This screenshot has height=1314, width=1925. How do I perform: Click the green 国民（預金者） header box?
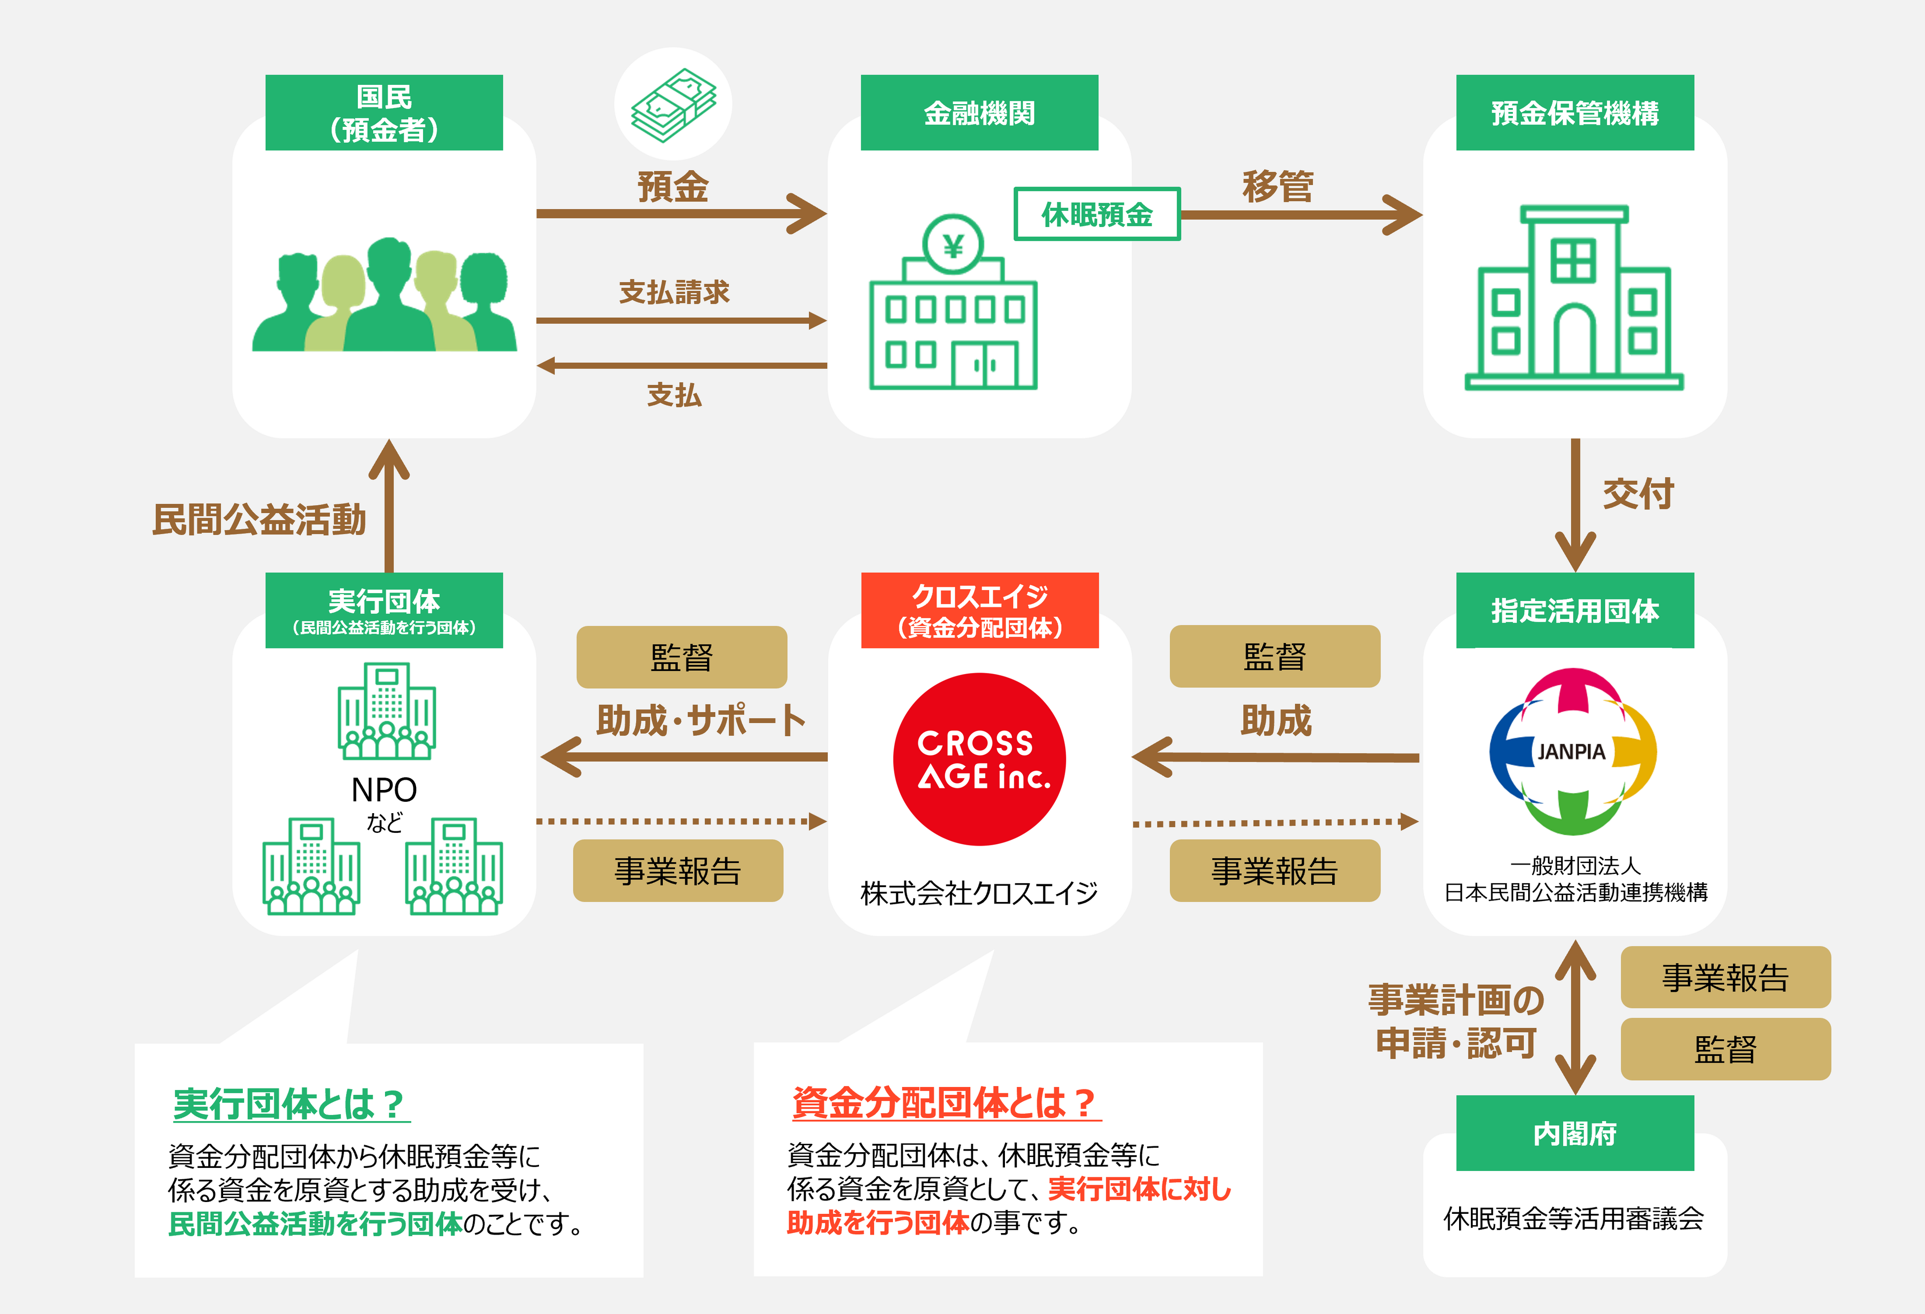[384, 113]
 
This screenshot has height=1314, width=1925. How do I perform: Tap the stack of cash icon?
[673, 104]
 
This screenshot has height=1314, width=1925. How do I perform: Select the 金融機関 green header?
[979, 113]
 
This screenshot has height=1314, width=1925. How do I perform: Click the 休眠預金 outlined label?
[1097, 215]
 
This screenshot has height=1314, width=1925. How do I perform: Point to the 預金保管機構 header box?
[1575, 113]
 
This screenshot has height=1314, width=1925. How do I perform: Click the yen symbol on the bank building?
[954, 246]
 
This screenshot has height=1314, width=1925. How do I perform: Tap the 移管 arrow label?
[1277, 187]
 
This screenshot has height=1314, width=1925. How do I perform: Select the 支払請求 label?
[674, 292]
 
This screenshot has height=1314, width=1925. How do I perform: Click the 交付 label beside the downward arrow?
[1638, 494]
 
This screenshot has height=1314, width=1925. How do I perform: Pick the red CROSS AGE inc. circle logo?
[979, 759]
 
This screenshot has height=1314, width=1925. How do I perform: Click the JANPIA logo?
[1572, 751]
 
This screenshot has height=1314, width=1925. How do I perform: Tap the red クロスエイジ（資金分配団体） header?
[979, 610]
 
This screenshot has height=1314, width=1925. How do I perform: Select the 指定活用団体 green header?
[1575, 610]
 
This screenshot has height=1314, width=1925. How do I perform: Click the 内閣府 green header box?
[1575, 1133]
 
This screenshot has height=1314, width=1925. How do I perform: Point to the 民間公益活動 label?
[259, 520]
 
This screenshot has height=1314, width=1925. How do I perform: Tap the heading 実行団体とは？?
[289, 1104]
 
